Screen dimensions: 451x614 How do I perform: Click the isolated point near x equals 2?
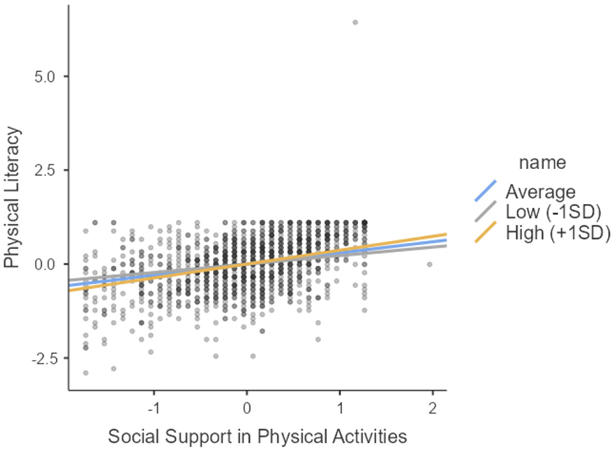point(429,264)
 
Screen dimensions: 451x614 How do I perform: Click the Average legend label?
point(541,192)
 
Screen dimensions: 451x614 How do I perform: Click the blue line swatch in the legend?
point(485,191)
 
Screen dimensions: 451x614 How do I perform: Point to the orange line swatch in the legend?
point(485,232)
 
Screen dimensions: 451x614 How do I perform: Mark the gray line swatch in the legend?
point(485,212)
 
